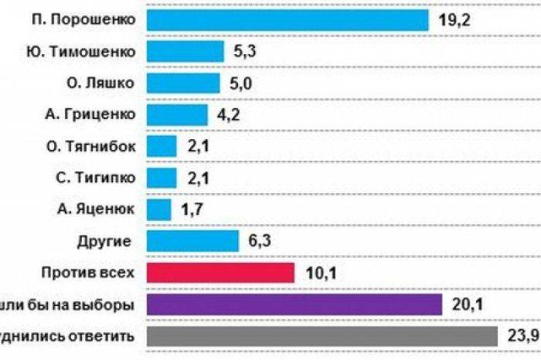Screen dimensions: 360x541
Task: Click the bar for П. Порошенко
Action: [x=286, y=20]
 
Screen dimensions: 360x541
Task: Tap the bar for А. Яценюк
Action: [x=158, y=209]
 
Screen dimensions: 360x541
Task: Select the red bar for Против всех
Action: [x=219, y=273]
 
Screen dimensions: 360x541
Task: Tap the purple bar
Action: [x=293, y=304]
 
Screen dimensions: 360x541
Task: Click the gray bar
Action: [x=320, y=336]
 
